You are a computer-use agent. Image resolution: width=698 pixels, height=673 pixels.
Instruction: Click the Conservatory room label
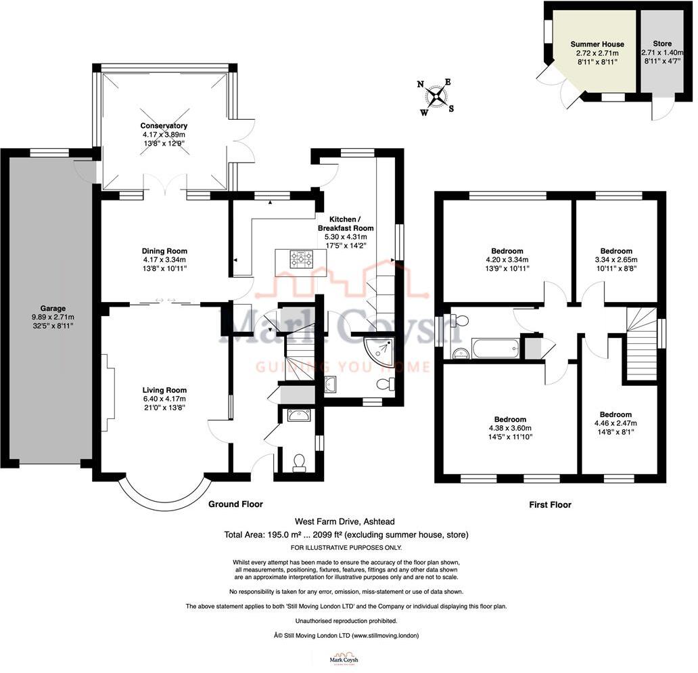pos(164,126)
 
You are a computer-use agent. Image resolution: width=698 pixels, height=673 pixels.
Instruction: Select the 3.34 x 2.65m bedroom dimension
pos(615,259)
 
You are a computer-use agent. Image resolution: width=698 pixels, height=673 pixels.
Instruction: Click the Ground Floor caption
pos(235,504)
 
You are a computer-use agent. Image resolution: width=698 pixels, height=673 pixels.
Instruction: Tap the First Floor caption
pos(549,504)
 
